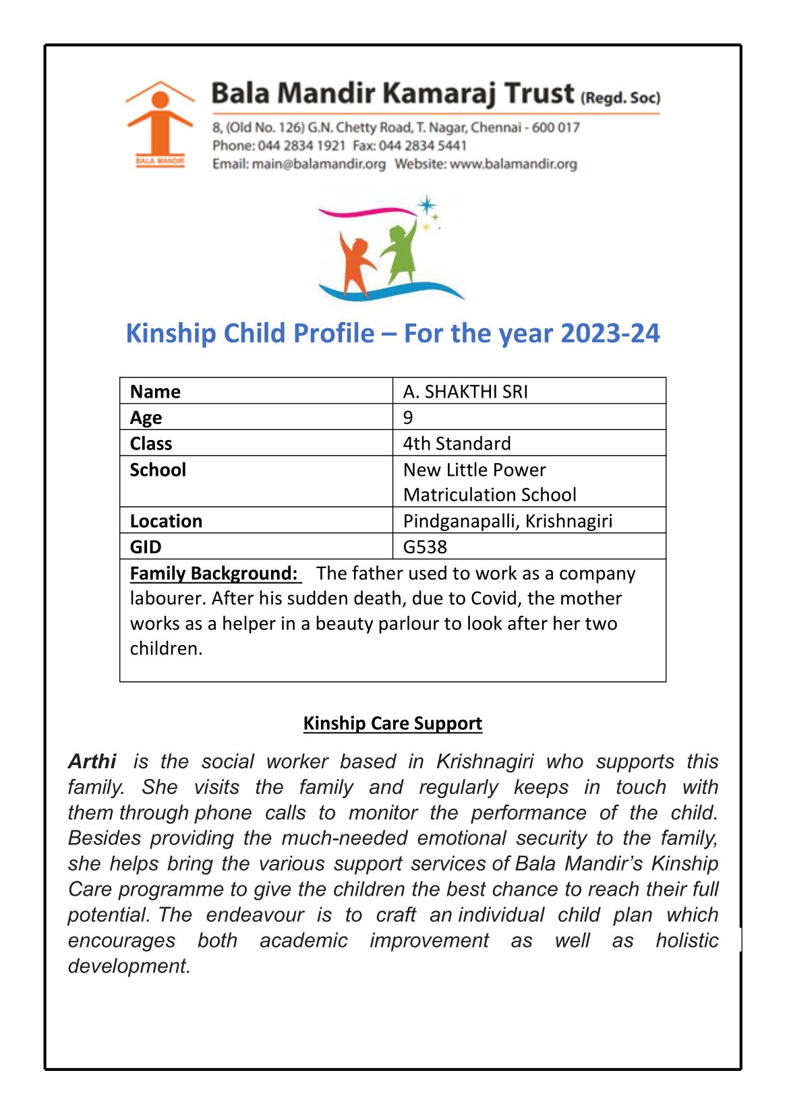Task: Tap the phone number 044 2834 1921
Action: [x=301, y=146]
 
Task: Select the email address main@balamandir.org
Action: [x=318, y=164]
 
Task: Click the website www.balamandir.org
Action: [x=513, y=164]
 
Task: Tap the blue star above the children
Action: [x=426, y=205]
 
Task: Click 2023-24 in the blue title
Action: [x=610, y=334]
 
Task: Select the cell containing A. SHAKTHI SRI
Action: [x=465, y=392]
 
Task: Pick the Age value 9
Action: [x=408, y=417]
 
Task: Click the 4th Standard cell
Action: [x=457, y=443]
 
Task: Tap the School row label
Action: [x=158, y=470]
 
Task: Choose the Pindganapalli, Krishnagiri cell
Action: [x=507, y=521]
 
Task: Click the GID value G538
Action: [x=425, y=547]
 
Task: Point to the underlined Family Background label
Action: [x=214, y=574]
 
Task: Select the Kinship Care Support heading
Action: [x=392, y=723]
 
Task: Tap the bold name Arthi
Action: [x=92, y=762]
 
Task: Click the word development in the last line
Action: [x=128, y=966]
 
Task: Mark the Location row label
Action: [x=166, y=521]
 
